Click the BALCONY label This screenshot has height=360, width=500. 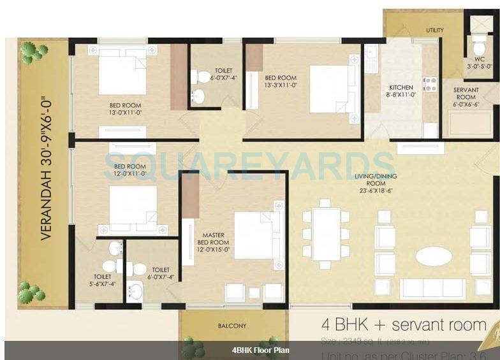[232, 326]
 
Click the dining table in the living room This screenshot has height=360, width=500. [326, 234]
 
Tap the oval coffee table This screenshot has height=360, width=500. [434, 256]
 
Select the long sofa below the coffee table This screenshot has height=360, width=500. [432, 288]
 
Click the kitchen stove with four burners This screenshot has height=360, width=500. [430, 85]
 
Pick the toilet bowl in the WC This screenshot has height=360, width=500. [479, 48]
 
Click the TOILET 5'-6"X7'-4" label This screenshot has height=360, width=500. [103, 280]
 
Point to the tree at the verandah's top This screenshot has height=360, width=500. [33, 52]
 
